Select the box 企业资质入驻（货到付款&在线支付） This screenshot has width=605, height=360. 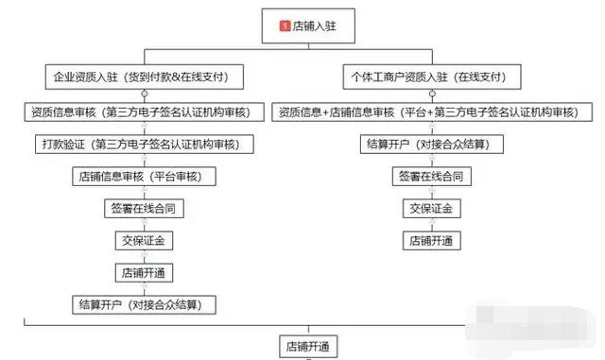click(143, 75)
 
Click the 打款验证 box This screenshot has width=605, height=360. click(143, 145)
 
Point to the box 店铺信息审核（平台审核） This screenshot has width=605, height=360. click(143, 177)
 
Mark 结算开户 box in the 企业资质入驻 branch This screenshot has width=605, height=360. click(143, 304)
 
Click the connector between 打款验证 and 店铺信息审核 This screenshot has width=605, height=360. click(143, 161)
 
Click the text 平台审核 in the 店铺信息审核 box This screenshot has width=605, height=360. click(178, 177)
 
